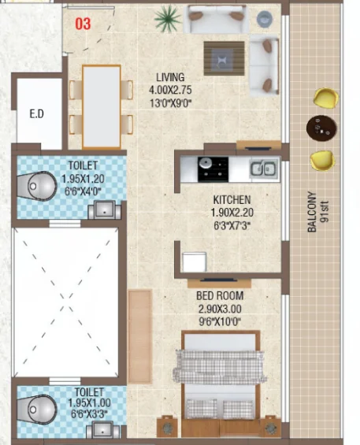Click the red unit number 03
tap(83, 24)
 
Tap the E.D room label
tap(36, 113)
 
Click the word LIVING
tap(170, 77)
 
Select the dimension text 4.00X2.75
tap(170, 90)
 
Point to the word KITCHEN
tap(232, 200)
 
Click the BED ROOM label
tap(220, 295)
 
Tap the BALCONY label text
tap(312, 212)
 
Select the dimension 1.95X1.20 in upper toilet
tap(83, 179)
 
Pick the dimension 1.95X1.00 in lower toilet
tap(89, 402)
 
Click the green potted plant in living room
tap(168, 19)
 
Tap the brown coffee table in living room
tap(224, 58)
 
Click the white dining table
tap(102, 106)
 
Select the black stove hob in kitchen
tap(213, 169)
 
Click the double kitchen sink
tap(263, 169)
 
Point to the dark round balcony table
tap(321, 128)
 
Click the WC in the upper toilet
tap(37, 186)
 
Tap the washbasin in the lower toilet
tap(102, 430)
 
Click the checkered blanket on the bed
tap(219, 367)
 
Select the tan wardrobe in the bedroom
tap(139, 336)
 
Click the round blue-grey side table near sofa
tap(265, 19)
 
